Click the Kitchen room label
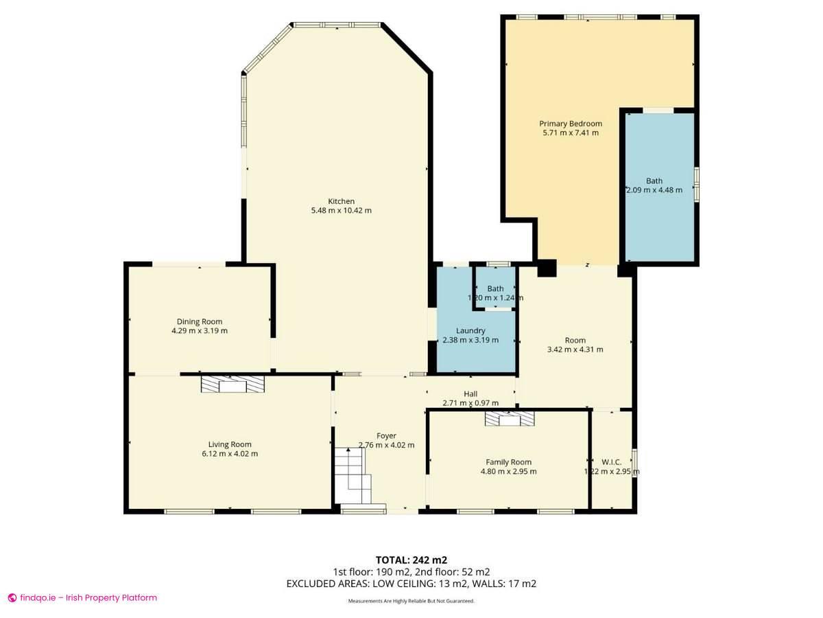[x=341, y=201]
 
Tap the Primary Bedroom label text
[x=570, y=124]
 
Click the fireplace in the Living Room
[x=232, y=384]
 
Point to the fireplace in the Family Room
[x=510, y=419]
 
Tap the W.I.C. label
[x=611, y=462]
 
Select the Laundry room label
[x=470, y=330]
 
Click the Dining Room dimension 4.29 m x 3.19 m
[x=199, y=331]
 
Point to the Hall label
[x=470, y=393]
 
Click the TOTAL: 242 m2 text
[x=411, y=560]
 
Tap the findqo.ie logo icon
[x=12, y=598]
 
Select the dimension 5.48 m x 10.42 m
[x=341, y=211]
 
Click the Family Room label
[x=508, y=462]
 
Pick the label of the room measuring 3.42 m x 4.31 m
[x=575, y=340]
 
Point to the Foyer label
[x=386, y=435]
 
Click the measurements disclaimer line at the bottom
[x=411, y=601]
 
